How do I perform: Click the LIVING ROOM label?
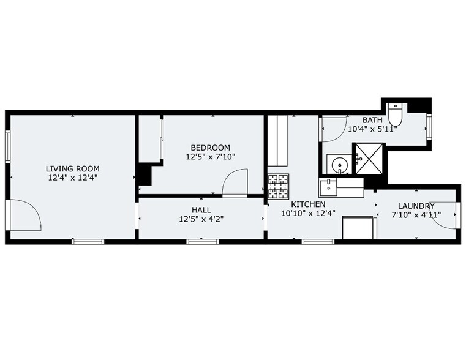click(x=72, y=168)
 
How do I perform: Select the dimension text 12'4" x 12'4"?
click(x=72, y=178)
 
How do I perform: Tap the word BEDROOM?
click(x=210, y=148)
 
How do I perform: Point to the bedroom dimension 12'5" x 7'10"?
click(x=210, y=157)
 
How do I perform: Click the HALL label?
click(x=201, y=209)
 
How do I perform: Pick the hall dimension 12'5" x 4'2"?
click(x=201, y=219)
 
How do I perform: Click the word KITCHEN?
click(x=308, y=204)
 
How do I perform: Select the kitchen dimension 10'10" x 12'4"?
click(x=308, y=214)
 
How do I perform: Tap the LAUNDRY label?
click(x=416, y=206)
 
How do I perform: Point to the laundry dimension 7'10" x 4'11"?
click(x=416, y=215)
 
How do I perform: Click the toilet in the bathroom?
click(x=396, y=114)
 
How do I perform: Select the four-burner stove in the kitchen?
click(x=277, y=187)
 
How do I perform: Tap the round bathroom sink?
click(x=337, y=164)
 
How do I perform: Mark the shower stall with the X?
click(x=370, y=159)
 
